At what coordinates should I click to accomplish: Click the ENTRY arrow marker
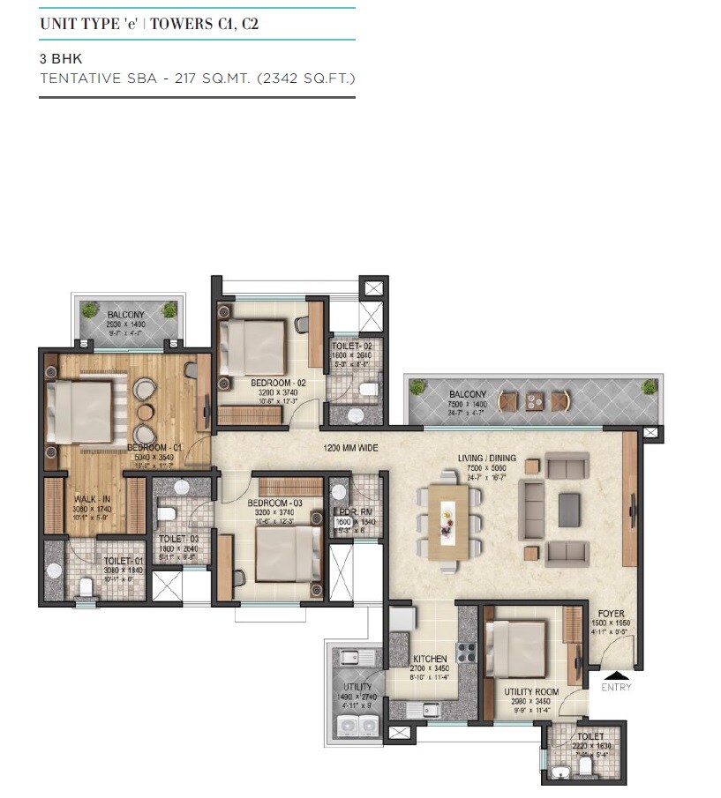[x=613, y=675]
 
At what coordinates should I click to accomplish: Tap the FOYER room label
[x=612, y=614]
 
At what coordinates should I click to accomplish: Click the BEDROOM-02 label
[x=278, y=383]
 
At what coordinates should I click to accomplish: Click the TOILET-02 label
[x=352, y=347]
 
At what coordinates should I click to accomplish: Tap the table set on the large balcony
[x=533, y=401]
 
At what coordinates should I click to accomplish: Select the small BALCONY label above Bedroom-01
[x=127, y=315]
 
